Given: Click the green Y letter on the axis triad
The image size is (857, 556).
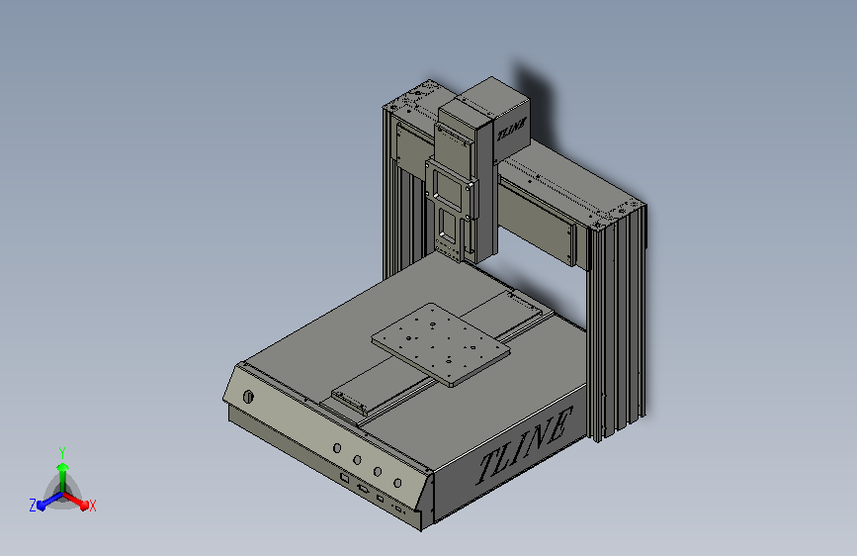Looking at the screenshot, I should pyautogui.click(x=61, y=451).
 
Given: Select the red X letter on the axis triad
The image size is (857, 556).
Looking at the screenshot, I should pyautogui.click(x=93, y=507).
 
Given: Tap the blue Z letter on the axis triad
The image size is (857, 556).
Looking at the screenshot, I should pyautogui.click(x=33, y=506).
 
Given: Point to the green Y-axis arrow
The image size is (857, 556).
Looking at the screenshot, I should pyautogui.click(x=62, y=471).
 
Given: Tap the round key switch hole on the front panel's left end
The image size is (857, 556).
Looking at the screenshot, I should pyautogui.click(x=246, y=397).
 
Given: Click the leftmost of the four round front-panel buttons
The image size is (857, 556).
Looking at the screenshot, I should pyautogui.click(x=338, y=448).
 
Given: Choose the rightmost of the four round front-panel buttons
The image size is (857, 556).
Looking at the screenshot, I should pyautogui.click(x=397, y=483).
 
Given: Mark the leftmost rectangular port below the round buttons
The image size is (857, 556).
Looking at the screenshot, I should pyautogui.click(x=343, y=478).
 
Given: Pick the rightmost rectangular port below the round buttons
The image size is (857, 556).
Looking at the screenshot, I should pyautogui.click(x=398, y=510).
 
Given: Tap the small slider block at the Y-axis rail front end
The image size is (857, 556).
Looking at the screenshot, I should pyautogui.click(x=348, y=402).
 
